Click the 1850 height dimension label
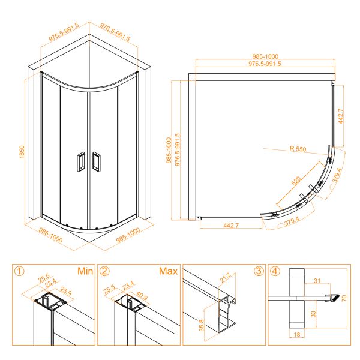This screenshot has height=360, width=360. tap(22, 152)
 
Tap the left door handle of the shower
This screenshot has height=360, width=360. tap(80, 161)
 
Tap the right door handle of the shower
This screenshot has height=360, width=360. tap(96, 161)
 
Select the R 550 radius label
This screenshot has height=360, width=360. tap(298, 149)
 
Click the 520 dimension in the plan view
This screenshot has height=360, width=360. tap(296, 181)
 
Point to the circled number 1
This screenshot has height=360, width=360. tap(19, 271)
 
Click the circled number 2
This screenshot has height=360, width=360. tap(104, 271)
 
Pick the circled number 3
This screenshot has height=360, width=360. tap(259, 271)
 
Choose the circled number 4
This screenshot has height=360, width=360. tap(275, 271)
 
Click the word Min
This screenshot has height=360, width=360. tap(85, 271)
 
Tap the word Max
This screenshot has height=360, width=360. tap(168, 271)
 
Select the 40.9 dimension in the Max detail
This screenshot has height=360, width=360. tap(142, 296)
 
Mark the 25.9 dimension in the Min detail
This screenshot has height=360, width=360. tap(66, 291)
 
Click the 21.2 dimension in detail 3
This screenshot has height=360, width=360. tap(225, 278)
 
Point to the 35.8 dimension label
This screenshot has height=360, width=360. tap(202, 325)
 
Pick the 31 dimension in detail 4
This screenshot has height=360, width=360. tap(317, 281)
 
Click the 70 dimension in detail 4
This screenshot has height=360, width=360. tap(344, 298)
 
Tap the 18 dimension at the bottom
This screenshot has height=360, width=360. tap(297, 335)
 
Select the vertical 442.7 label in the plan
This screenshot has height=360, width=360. tap(341, 116)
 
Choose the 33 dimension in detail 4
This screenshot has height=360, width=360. tap(313, 314)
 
